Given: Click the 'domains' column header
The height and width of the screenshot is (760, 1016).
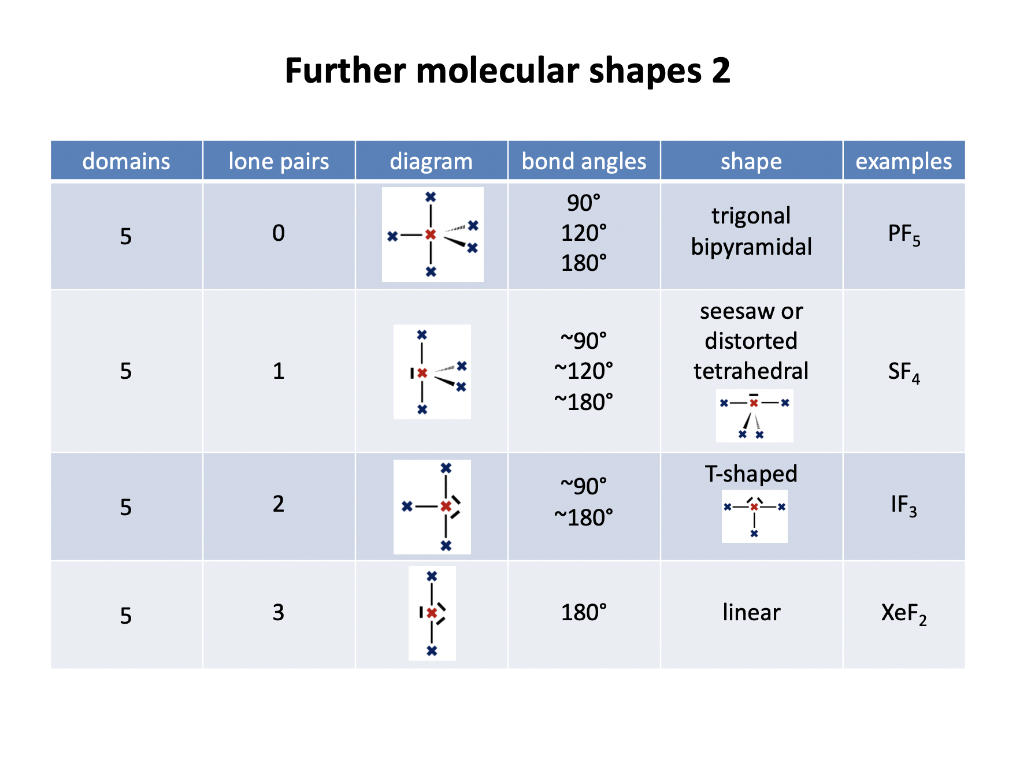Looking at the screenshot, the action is click(x=127, y=161).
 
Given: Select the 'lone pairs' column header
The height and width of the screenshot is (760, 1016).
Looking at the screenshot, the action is click(x=279, y=161).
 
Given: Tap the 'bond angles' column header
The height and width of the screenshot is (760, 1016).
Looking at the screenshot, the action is click(x=584, y=161).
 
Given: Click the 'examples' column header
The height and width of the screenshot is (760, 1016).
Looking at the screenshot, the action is click(x=904, y=161).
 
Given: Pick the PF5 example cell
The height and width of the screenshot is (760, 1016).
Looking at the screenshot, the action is click(x=904, y=234).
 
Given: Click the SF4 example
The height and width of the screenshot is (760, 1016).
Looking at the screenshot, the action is click(x=904, y=372).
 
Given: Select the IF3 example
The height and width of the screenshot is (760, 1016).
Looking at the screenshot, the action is click(x=904, y=505).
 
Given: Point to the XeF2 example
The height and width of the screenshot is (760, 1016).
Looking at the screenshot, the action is click(x=904, y=613).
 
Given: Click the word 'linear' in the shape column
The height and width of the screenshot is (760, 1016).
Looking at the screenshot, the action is click(x=751, y=612).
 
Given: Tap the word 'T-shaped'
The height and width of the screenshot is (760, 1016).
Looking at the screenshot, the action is click(x=751, y=474).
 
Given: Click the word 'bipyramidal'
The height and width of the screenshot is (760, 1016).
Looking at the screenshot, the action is click(x=751, y=247).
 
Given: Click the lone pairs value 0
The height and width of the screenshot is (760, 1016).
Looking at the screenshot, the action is click(x=279, y=233).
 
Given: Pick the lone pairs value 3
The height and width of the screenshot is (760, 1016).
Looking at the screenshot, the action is click(x=279, y=613).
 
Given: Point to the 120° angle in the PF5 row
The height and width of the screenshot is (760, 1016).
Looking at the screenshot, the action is click(x=584, y=233).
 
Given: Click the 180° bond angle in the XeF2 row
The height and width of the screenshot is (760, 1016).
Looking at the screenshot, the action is click(x=584, y=613).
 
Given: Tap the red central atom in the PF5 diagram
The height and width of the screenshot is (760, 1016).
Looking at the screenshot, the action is click(x=431, y=234).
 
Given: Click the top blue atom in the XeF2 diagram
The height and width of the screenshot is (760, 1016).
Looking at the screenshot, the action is click(x=432, y=576).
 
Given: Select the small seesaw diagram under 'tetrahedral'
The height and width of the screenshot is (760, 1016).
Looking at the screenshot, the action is click(x=754, y=416).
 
